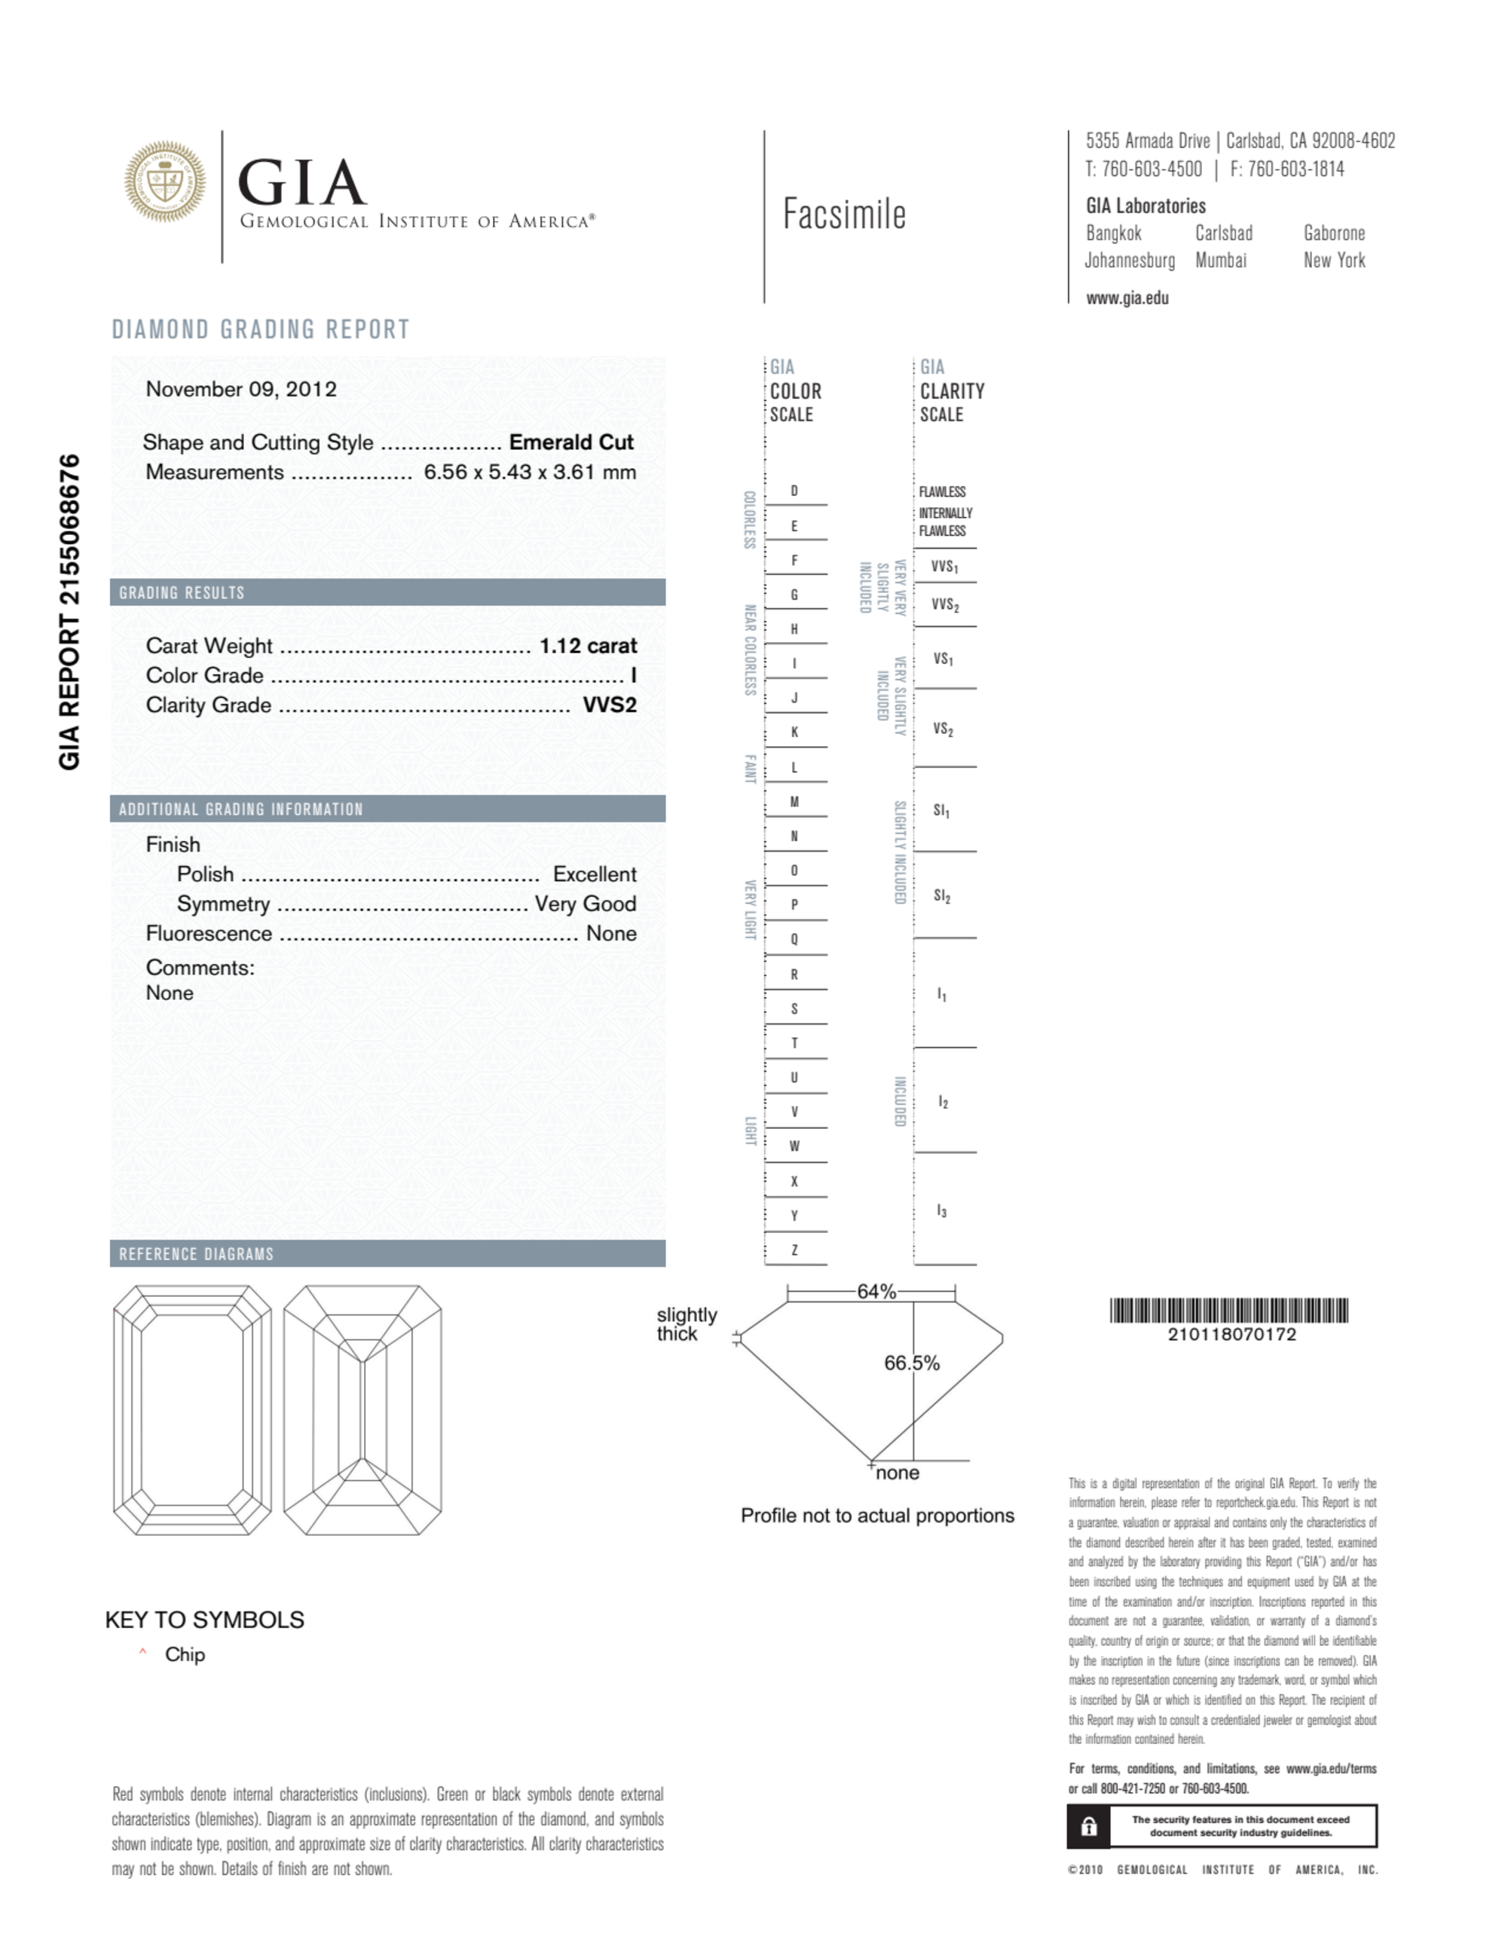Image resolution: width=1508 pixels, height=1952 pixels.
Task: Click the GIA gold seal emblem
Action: pyautogui.click(x=164, y=182)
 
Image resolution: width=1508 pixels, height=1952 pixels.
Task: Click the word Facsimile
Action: pyautogui.click(x=844, y=215)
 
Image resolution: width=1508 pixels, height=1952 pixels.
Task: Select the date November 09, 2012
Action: pyautogui.click(x=241, y=389)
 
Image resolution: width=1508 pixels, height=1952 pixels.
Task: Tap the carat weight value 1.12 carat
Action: pyautogui.click(x=587, y=645)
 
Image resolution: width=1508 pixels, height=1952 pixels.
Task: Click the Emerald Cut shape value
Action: pyautogui.click(x=570, y=442)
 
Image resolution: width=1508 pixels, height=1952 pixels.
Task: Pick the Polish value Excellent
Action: pyautogui.click(x=595, y=874)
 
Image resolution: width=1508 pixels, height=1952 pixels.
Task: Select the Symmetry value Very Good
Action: pyautogui.click(x=586, y=904)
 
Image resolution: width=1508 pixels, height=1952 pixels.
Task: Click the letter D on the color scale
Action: pyautogui.click(x=794, y=491)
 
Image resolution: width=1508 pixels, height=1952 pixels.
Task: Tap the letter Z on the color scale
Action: pyautogui.click(x=794, y=1250)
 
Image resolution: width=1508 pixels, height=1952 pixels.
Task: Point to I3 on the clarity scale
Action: pyautogui.click(x=941, y=1211)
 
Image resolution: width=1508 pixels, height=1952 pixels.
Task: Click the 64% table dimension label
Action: pyautogui.click(x=876, y=1292)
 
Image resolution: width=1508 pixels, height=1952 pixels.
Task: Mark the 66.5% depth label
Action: pyautogui.click(x=911, y=1363)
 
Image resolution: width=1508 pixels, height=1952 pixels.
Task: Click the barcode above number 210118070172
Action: pyautogui.click(x=1228, y=1311)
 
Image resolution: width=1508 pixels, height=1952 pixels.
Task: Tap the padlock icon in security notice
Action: pyautogui.click(x=1088, y=1826)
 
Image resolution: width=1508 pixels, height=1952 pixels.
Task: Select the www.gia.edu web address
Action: pyautogui.click(x=1127, y=298)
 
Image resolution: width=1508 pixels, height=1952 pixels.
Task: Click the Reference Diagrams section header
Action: pyautogui.click(x=197, y=1254)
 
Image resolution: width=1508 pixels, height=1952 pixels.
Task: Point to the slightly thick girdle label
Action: pyautogui.click(x=687, y=1323)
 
